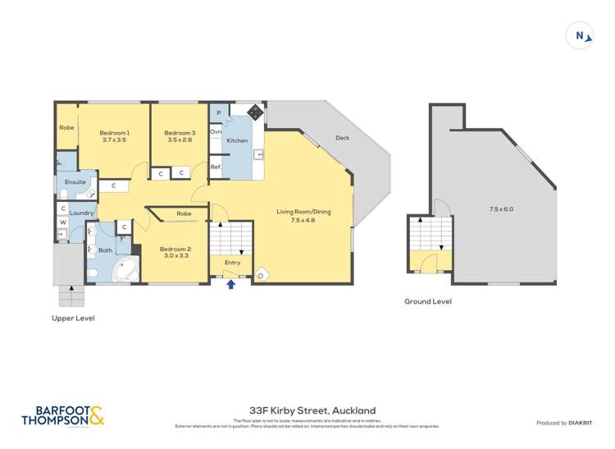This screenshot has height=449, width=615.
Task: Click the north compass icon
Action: click(x=580, y=35)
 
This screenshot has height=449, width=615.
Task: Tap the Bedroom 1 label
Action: click(x=115, y=133)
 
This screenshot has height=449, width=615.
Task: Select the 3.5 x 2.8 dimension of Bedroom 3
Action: click(x=180, y=140)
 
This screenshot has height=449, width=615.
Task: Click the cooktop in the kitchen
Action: click(x=255, y=112)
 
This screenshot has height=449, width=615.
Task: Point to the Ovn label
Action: click(x=216, y=131)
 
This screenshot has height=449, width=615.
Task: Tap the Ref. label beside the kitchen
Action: click(x=216, y=167)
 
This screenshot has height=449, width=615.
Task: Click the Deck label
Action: click(x=342, y=138)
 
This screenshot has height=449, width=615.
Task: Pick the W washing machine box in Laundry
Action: click(x=63, y=222)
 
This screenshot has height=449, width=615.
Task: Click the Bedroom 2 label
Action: click(x=175, y=249)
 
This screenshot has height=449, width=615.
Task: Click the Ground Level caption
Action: click(x=427, y=301)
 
